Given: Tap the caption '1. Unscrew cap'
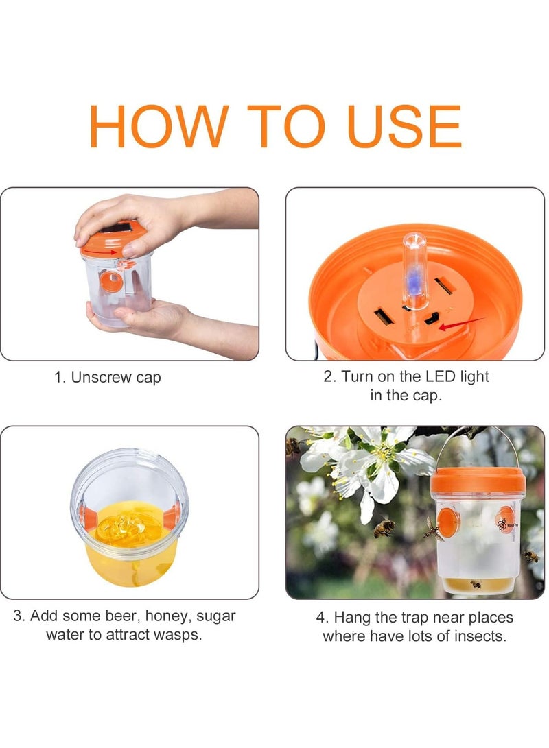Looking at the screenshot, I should (x=108, y=378).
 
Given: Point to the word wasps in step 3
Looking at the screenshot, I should (x=180, y=635).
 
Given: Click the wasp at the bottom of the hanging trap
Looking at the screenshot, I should (x=476, y=584).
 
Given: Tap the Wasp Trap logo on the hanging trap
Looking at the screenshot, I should (x=504, y=524).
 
